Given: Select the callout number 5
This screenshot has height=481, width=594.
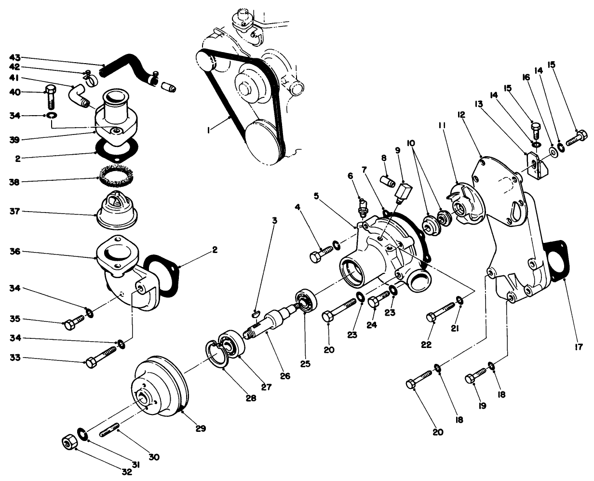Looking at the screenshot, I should [x=316, y=196].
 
